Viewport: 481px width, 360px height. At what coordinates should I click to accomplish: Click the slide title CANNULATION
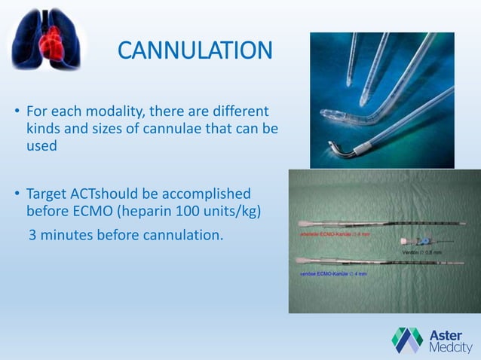tap(195, 51)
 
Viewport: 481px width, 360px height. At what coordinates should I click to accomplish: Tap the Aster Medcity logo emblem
tap(407, 340)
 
